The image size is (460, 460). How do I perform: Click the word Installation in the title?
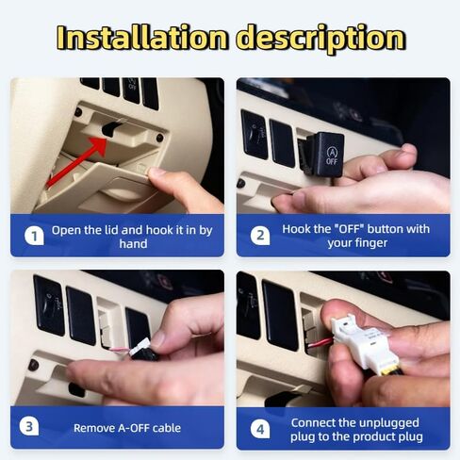(x=142, y=38)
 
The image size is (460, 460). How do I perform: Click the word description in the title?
(x=320, y=39)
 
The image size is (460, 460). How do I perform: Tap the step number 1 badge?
(x=34, y=236)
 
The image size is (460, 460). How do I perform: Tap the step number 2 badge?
(x=260, y=236)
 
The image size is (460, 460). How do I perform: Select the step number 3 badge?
(x=29, y=427)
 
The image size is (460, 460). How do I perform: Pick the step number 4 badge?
(x=260, y=429)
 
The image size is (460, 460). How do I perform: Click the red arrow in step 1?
(x=77, y=162)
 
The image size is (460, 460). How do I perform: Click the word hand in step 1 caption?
(x=133, y=244)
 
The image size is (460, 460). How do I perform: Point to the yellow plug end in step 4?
(x=390, y=370)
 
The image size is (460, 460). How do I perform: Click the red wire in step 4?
(x=320, y=342)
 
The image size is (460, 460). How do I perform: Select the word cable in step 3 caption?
(x=169, y=428)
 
